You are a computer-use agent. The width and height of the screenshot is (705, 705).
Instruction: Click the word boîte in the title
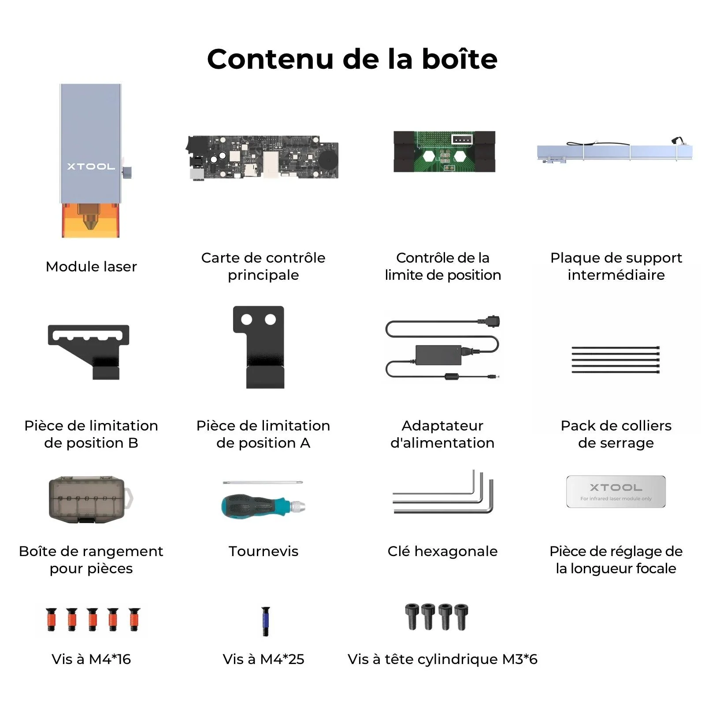[460, 59]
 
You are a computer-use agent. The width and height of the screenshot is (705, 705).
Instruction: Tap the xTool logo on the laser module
[91, 167]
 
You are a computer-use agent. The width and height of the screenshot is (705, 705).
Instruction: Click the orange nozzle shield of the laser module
[91, 220]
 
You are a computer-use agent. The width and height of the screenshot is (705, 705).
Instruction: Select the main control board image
[263, 157]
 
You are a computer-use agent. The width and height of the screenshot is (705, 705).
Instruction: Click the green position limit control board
[444, 152]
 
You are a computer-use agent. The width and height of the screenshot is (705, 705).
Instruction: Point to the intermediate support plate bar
[614, 152]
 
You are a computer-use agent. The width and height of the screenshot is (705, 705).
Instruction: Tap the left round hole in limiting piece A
[247, 319]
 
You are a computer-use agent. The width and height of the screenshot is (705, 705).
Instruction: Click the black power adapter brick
[439, 355]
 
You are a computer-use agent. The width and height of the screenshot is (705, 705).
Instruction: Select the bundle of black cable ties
[615, 360]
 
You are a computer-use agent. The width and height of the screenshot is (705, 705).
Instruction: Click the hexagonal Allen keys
[443, 495]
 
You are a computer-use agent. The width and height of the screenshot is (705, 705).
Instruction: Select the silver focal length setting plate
[616, 492]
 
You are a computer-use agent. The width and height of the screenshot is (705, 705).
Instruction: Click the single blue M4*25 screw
[265, 621]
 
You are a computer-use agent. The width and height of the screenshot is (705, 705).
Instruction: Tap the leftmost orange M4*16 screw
[52, 620]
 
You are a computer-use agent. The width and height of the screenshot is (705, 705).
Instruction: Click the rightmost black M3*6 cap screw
[461, 617]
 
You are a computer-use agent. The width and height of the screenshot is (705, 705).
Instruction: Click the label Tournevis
[263, 551]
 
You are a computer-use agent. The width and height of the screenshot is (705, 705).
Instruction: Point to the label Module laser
[91, 267]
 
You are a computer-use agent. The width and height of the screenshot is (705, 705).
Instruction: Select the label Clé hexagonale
[442, 551]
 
